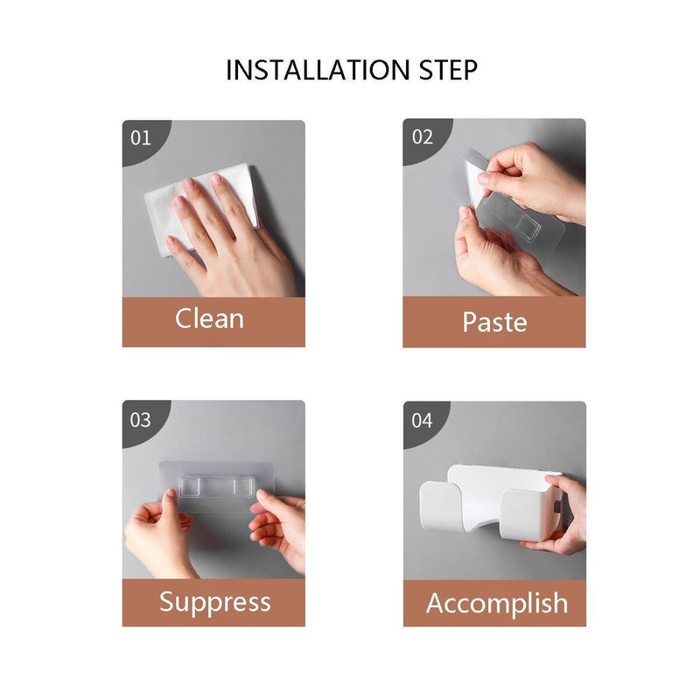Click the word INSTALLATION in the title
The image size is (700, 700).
pos(318,70)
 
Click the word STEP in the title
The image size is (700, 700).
pos(448,70)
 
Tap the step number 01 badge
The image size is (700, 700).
pos(141,138)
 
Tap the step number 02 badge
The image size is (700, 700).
pos(423,137)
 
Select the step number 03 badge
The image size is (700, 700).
pos(141,420)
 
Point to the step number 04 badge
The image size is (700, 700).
pos(422,421)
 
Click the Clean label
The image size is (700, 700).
pos(209,318)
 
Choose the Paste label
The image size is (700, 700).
pos(494,322)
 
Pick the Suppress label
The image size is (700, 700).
pos(215,603)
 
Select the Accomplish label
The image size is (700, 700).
pos(497,604)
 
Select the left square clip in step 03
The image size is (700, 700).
pos(189,486)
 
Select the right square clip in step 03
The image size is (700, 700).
pos(244,486)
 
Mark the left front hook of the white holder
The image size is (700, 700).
pos(441,507)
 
